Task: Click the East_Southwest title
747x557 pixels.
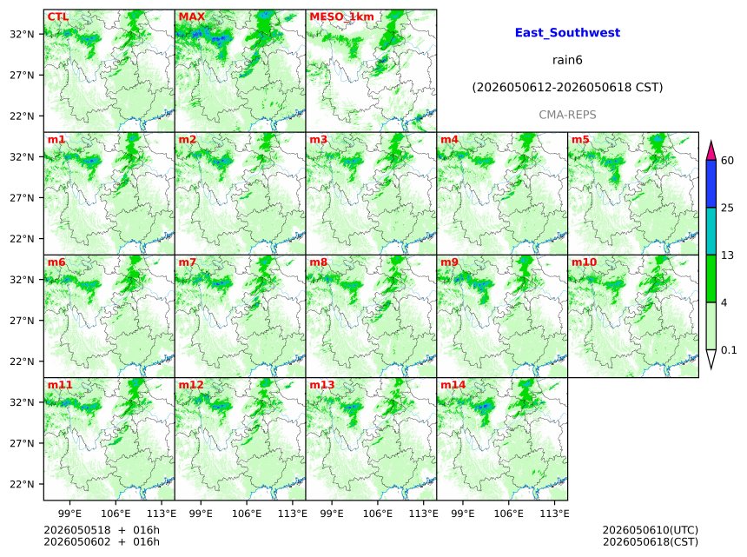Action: coord(567,33)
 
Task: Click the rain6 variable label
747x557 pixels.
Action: coord(567,60)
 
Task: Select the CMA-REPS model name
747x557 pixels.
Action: coord(567,115)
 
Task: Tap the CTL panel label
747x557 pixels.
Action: coord(57,17)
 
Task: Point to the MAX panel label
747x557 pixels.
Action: coord(191,17)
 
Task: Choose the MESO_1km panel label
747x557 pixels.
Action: coord(341,17)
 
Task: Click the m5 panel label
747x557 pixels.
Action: coord(580,140)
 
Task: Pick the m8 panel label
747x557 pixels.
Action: coord(318,262)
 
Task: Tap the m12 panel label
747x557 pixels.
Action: coord(190,385)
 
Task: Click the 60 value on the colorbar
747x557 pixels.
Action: coord(728,161)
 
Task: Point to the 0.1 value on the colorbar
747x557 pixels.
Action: coord(729,350)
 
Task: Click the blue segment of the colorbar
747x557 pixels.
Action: coord(711,184)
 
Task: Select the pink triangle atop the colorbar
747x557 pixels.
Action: coord(711,151)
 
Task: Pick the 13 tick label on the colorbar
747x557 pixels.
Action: coord(728,255)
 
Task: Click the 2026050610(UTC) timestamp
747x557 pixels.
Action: coord(651,530)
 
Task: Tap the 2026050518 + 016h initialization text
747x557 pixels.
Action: coord(102,530)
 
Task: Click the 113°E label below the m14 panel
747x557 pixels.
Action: coord(555,514)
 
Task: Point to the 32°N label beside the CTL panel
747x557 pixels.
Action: coord(23,34)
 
